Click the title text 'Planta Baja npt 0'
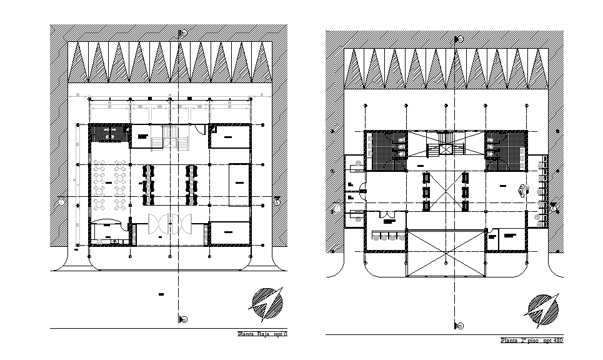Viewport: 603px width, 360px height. tap(262, 334)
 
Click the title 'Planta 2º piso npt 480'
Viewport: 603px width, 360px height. tap(532, 341)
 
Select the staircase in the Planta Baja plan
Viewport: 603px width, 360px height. tap(169, 137)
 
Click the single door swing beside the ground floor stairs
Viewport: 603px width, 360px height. tap(199, 129)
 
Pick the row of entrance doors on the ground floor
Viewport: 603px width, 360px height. tap(169, 224)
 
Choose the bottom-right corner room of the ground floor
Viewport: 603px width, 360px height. tap(230, 234)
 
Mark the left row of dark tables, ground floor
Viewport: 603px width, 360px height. tap(148, 184)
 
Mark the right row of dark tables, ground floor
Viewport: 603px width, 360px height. tap(191, 184)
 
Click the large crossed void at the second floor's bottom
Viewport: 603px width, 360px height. tap(446, 253)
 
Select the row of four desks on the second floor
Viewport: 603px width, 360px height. tap(386, 236)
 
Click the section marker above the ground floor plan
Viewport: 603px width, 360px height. tap(182, 33)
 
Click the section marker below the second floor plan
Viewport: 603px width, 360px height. tap(459, 326)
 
